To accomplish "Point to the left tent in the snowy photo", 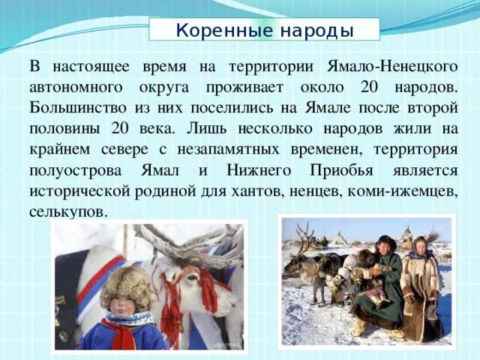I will point(340,239).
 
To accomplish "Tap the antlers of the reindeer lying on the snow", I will point(304,238).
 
